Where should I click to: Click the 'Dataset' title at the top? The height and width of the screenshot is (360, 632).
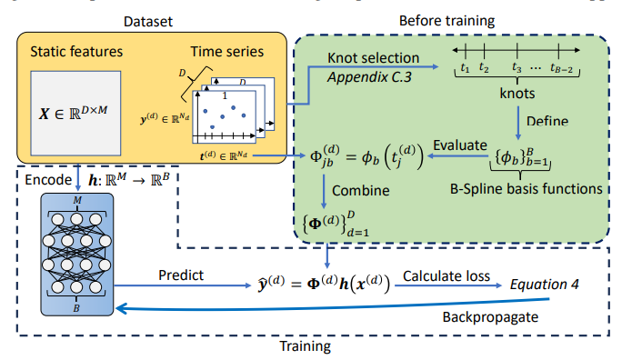pyautogui.click(x=145, y=20)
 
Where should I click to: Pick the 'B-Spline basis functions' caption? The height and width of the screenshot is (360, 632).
pyautogui.click(x=527, y=188)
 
